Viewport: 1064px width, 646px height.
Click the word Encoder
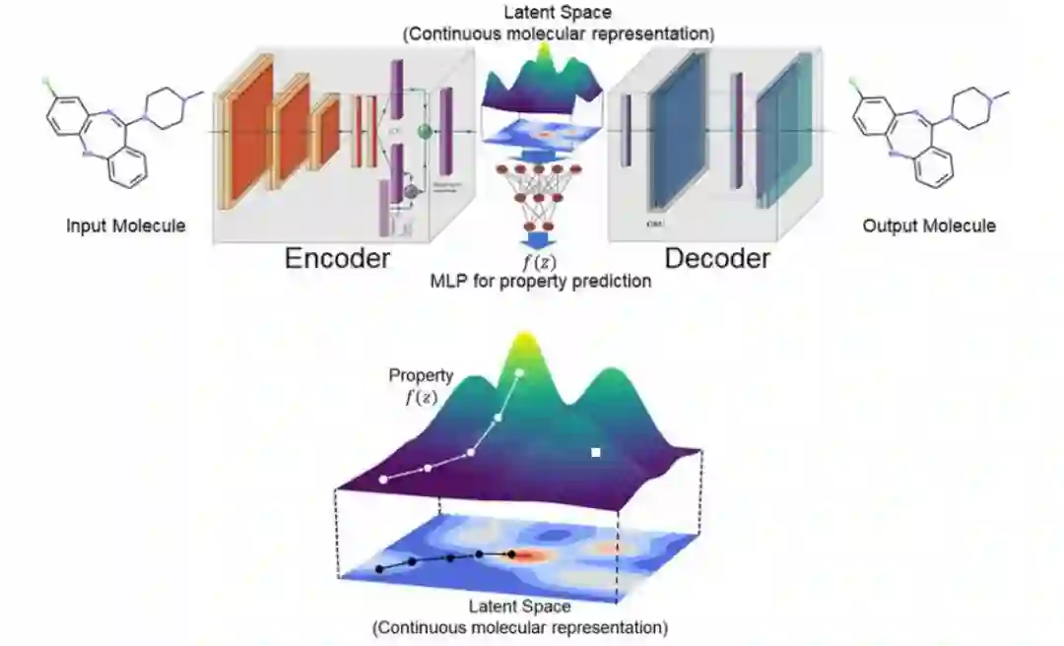pos(337,258)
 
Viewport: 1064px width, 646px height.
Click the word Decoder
pos(716,258)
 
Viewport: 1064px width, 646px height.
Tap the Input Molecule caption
pos(125,226)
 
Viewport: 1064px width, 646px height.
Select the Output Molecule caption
pos(929,226)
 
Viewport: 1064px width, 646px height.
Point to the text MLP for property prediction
pos(540,282)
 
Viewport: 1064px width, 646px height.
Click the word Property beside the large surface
pos(421,375)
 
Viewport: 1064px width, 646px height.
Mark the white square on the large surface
pos(595,452)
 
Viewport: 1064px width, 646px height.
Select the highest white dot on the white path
pos(520,372)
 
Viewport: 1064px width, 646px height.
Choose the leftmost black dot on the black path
pos(379,569)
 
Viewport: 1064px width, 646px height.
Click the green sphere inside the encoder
pos(426,131)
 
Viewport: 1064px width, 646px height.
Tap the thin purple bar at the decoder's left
pos(626,128)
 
